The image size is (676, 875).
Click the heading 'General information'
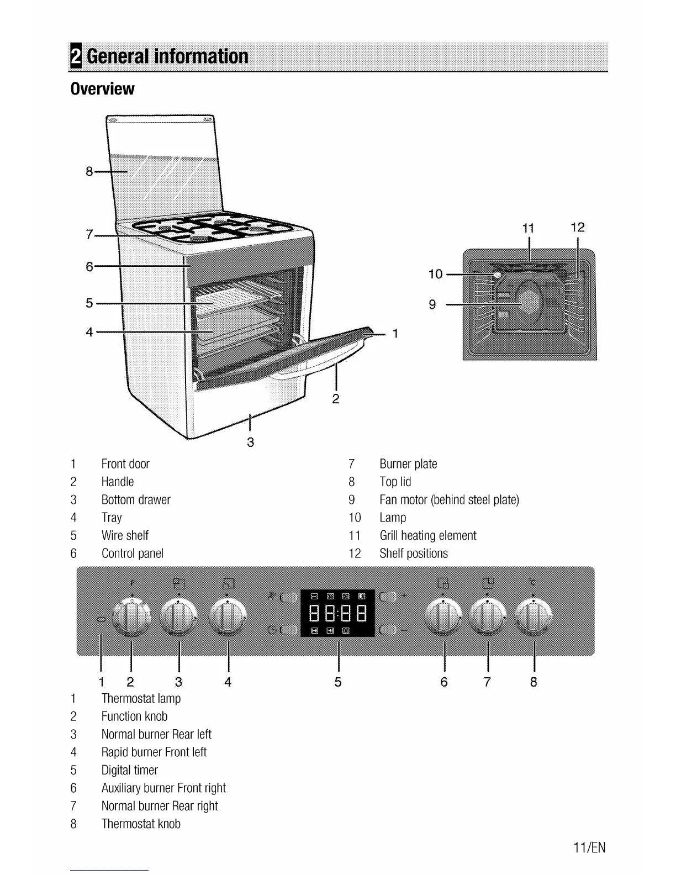(167, 56)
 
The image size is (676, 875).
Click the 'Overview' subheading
(103, 88)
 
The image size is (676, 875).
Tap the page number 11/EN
(589, 847)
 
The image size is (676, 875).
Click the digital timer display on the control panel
(337, 613)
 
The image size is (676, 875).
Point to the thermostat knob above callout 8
(534, 617)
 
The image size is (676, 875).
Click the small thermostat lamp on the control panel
(101, 620)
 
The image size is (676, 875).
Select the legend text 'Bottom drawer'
(136, 500)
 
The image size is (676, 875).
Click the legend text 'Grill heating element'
(427, 535)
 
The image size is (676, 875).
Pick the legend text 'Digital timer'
(130, 770)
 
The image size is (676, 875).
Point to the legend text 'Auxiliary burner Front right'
(163, 788)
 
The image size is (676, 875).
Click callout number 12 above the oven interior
(578, 228)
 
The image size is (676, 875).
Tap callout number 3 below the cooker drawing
(250, 442)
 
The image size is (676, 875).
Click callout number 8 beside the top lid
(89, 172)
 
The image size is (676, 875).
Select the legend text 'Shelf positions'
(414, 553)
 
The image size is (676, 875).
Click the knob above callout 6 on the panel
(444, 617)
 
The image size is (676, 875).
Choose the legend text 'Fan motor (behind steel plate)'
(449, 500)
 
